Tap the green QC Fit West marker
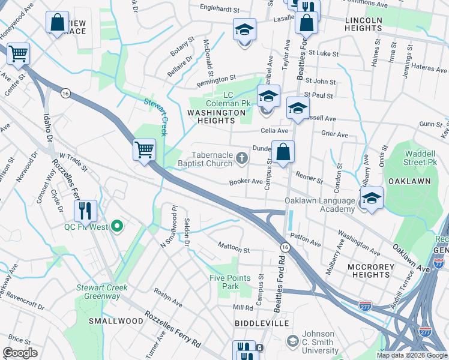(118, 226)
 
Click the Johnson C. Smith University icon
(292, 341)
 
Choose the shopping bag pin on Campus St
(283, 152)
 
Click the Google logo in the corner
(20, 353)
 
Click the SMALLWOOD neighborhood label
(116, 321)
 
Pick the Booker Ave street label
(246, 181)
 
